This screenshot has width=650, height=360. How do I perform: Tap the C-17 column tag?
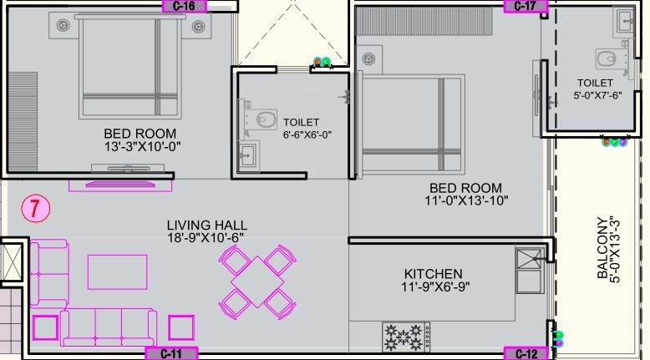coord(525,6)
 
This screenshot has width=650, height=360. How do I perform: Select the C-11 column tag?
coord(171,353)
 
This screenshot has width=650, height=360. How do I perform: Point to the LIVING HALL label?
coord(206,225)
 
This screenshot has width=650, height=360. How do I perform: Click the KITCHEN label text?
coord(433,274)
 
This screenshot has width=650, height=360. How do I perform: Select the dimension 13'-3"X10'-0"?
coord(140,146)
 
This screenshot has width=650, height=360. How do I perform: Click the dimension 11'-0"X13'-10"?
coord(466,200)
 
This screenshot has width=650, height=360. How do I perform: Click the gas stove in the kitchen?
coord(406,336)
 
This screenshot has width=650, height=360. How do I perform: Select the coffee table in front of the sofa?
coord(118,271)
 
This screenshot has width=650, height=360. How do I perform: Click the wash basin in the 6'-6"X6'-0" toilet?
coord(247,155)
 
